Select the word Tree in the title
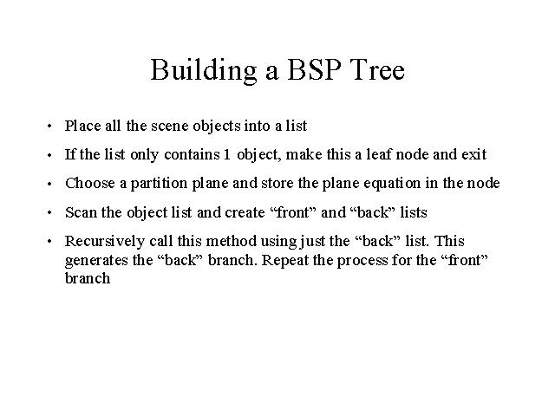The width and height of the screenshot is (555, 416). tap(376, 69)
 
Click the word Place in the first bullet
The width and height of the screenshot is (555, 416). tap(83, 126)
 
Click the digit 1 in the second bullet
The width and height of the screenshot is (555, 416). tap(226, 154)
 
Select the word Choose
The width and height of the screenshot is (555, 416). tap(90, 183)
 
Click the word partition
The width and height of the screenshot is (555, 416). tap(159, 184)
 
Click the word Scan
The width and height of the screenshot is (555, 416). tap(81, 212)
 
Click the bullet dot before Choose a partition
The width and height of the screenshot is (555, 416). tap(49, 184)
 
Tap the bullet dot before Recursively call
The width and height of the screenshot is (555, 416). tap(49, 242)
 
